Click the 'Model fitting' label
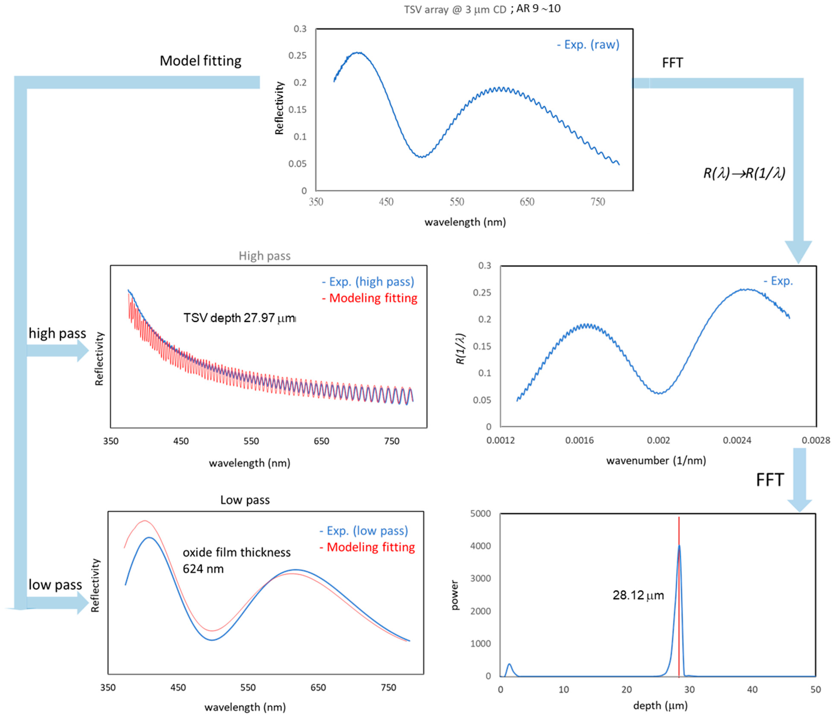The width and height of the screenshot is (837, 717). [x=200, y=61]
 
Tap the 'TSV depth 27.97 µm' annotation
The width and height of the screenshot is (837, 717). [x=239, y=318]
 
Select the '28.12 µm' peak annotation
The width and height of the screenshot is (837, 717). [x=638, y=595]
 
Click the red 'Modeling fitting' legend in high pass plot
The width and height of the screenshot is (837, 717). [x=370, y=298]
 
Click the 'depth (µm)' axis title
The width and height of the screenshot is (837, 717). [x=660, y=706]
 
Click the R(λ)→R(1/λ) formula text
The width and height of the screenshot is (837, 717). [x=744, y=173]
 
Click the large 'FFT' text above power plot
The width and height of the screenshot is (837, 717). [x=769, y=480]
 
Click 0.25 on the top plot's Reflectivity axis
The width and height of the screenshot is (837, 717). [x=297, y=55]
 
